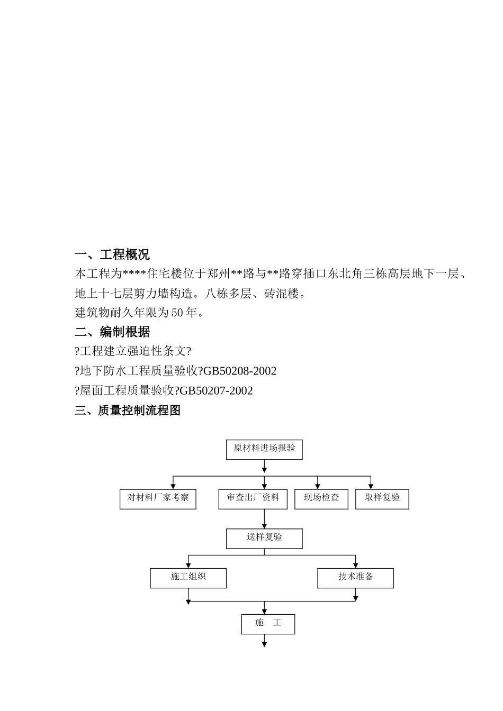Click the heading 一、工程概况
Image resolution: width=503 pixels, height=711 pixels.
coord(112,255)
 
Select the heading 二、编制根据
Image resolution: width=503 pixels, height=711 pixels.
coord(112,332)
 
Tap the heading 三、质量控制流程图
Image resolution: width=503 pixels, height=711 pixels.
coord(128,411)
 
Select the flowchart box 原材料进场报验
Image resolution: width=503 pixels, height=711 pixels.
coord(264,449)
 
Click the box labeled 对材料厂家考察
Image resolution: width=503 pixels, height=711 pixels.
coord(158,499)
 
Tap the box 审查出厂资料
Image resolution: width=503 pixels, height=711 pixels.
coord(253,499)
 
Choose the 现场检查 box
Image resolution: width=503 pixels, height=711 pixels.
coord(321,499)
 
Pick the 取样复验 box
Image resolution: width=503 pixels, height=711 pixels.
coord(382,499)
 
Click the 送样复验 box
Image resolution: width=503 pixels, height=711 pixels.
coord(264,538)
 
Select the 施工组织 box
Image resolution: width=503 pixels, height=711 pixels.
coord(188,578)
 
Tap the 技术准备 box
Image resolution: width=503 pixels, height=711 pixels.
coord(355,578)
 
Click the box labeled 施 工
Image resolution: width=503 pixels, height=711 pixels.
coord(268,624)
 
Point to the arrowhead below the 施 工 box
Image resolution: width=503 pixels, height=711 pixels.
coord(264,644)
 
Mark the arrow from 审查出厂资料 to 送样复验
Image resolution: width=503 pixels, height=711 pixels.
coord(264,519)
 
